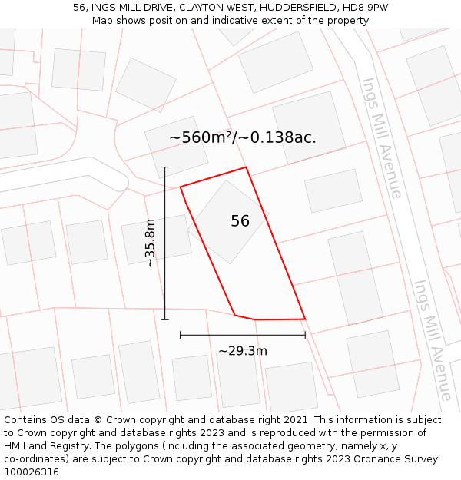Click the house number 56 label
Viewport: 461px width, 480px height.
pos(240,221)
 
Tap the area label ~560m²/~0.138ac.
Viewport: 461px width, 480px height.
pos(243,137)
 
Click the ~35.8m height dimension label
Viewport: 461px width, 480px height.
pos(150,243)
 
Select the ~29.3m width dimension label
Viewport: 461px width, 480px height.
pos(243,351)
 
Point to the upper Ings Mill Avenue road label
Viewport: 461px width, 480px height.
pos(382,137)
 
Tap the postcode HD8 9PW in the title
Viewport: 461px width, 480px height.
pos(366,7)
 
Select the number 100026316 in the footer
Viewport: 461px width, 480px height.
pos(32,472)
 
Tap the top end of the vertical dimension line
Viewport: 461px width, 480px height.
pos(165,167)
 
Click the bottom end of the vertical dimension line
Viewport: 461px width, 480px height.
pos(165,319)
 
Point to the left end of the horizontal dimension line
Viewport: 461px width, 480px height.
pos(181,335)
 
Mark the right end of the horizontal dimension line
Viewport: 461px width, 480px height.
pos(305,335)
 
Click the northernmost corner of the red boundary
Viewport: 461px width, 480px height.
pos(246,167)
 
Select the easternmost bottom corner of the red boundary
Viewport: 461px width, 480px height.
pos(305,319)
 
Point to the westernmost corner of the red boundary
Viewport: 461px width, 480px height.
pos(181,187)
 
